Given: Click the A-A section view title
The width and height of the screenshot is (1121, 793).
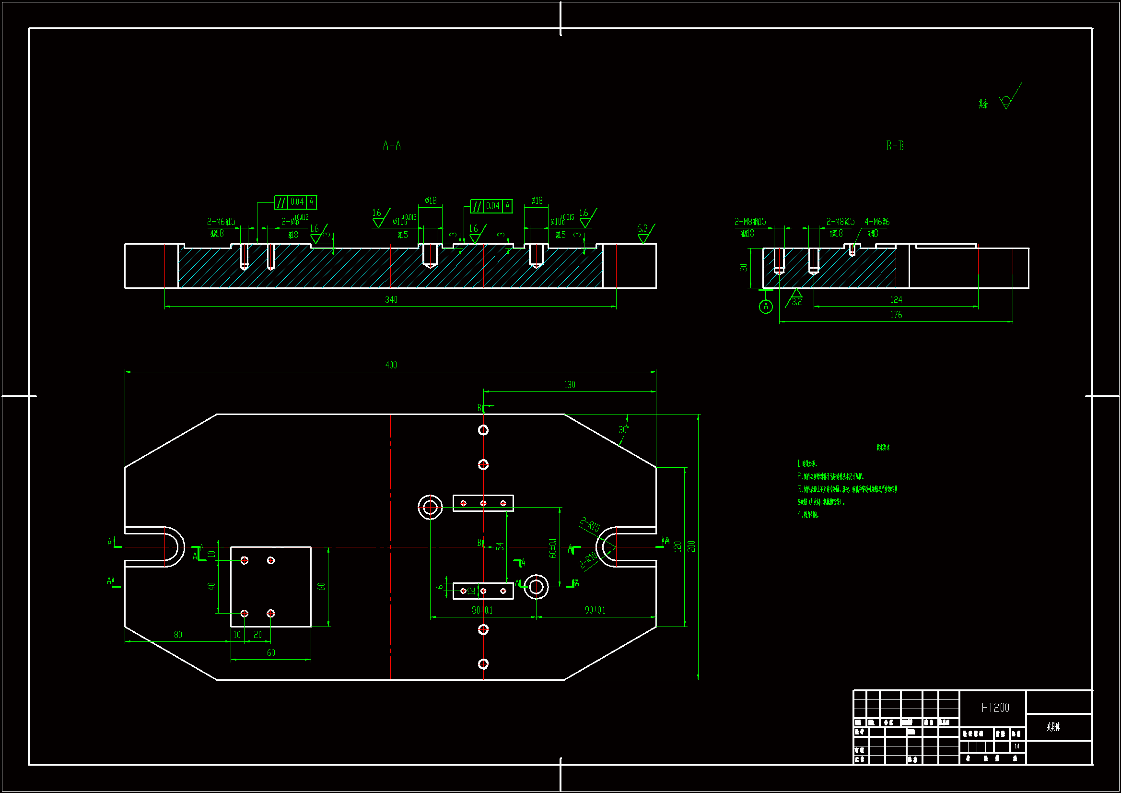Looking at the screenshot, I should click(x=392, y=146).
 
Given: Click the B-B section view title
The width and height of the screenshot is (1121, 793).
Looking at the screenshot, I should click(x=895, y=146).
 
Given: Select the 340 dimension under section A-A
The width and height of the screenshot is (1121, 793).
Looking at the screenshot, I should click(x=391, y=299).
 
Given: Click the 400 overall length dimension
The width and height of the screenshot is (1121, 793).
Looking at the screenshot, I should click(x=391, y=365).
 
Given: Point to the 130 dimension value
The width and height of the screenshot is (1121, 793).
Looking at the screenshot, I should click(x=569, y=385).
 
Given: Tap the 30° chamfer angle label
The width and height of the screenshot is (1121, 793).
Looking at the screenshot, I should click(x=623, y=430).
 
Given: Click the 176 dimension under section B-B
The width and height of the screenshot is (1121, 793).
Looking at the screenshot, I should click(x=896, y=315).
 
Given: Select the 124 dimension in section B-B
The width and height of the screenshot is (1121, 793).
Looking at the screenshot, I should click(x=896, y=299).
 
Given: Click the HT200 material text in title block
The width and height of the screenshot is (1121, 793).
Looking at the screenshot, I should click(x=995, y=708).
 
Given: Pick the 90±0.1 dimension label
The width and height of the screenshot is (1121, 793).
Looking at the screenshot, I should click(x=595, y=610).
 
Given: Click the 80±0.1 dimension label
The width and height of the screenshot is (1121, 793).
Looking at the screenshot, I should click(x=482, y=610).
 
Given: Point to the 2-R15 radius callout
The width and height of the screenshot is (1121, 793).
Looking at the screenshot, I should click(x=590, y=524).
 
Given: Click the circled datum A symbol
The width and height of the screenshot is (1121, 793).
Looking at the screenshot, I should click(x=766, y=307).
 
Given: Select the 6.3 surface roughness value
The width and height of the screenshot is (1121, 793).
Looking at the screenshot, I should click(x=642, y=228).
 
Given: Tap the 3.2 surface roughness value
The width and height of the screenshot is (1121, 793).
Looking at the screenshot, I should click(x=797, y=302).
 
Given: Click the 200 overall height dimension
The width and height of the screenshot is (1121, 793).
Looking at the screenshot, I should click(x=691, y=546).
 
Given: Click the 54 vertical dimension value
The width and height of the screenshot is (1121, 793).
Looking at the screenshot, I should click(x=500, y=546).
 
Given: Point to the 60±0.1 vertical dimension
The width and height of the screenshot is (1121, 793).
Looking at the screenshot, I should click(x=553, y=548).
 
